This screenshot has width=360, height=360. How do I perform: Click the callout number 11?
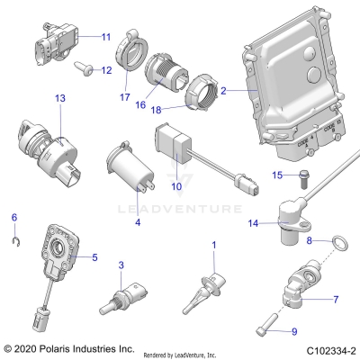pyautogui.click(x=105, y=37)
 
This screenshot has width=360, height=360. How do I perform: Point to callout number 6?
pyautogui.click(x=13, y=218)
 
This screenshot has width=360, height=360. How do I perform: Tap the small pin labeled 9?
pyautogui.click(x=271, y=319)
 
